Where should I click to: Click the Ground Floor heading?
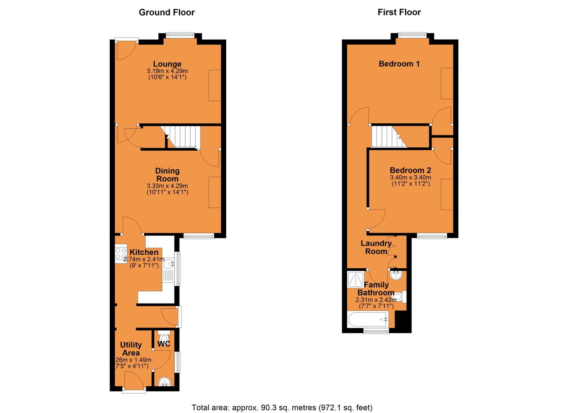click(167, 12)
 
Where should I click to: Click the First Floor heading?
click(399, 12)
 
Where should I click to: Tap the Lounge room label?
click(167, 64)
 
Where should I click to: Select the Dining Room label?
click(167, 174)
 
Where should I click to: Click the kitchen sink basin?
click(169, 263)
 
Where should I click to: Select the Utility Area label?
click(131, 349)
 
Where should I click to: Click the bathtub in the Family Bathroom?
click(368, 320)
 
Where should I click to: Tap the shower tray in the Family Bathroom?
click(355, 280)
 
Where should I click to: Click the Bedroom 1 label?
click(399, 64)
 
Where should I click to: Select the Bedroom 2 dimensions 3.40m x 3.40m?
click(410, 178)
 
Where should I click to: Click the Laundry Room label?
click(376, 247)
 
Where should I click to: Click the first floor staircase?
click(387, 137)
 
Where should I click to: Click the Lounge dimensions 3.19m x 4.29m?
click(167, 71)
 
